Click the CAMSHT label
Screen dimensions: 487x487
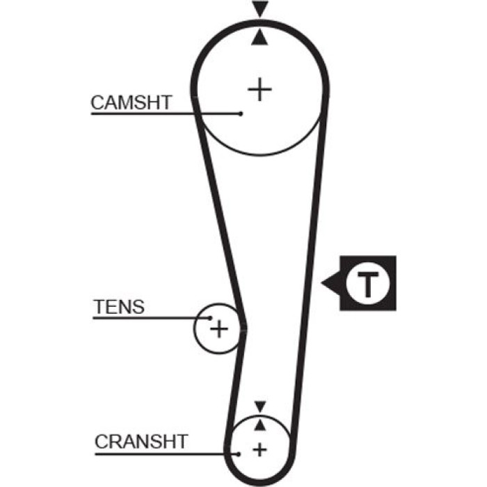(x=131, y=102)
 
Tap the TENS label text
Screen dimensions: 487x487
(x=119, y=307)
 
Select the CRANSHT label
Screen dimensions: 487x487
(x=141, y=441)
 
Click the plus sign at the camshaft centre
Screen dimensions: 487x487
(x=260, y=90)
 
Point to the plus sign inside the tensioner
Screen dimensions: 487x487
(x=219, y=329)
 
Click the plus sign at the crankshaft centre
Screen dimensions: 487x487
(x=260, y=449)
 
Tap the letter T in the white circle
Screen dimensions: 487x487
(x=368, y=284)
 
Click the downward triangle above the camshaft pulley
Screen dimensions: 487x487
(x=260, y=8)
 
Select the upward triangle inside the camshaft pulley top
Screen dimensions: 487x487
(x=260, y=38)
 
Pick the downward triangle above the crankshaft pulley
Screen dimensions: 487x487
(x=260, y=406)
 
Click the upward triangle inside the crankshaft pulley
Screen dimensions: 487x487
(x=260, y=425)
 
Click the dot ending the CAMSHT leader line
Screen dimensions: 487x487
(x=241, y=114)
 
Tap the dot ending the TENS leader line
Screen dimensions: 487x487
(x=210, y=318)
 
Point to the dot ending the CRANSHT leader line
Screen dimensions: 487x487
(x=238, y=454)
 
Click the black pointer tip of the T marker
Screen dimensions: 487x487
(x=321, y=283)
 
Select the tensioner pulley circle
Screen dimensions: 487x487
(x=194, y=328)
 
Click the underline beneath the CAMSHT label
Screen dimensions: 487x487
(x=166, y=114)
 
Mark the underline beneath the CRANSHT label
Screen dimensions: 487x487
(x=166, y=454)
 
